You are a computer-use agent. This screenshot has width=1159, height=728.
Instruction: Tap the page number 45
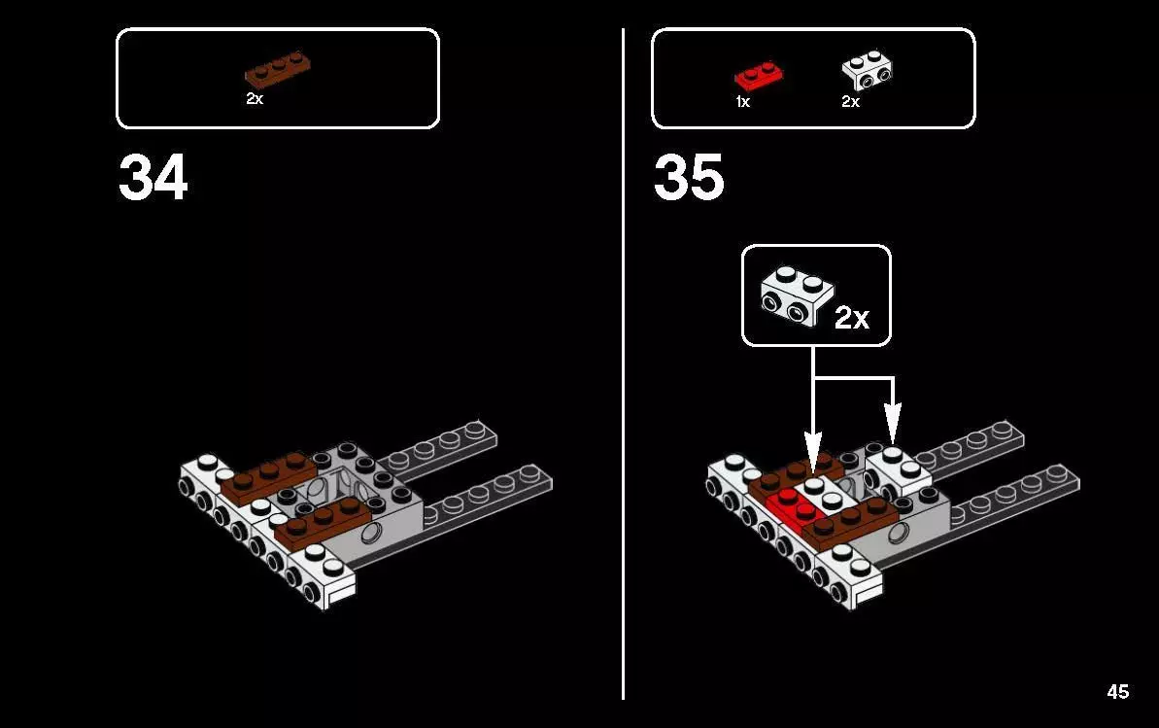tap(1117, 692)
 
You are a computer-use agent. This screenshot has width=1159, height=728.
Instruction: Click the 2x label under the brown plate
tap(255, 99)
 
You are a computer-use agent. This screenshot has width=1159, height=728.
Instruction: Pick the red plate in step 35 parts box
tap(759, 74)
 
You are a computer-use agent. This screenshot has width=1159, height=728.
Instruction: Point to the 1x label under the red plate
tap(742, 101)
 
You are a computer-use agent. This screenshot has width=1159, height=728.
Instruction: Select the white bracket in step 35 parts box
tap(867, 69)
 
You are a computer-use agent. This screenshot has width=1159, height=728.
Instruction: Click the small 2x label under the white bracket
tap(850, 101)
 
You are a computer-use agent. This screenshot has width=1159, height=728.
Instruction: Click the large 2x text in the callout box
tap(852, 318)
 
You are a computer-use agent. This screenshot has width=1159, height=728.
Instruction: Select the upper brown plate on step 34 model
tap(265, 473)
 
